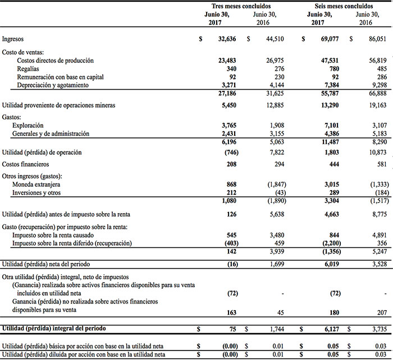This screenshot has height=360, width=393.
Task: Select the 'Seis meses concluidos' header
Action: click(x=341, y=5)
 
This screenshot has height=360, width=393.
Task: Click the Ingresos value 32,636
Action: click(x=229, y=39)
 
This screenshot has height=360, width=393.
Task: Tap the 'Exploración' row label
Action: click(x=30, y=126)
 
